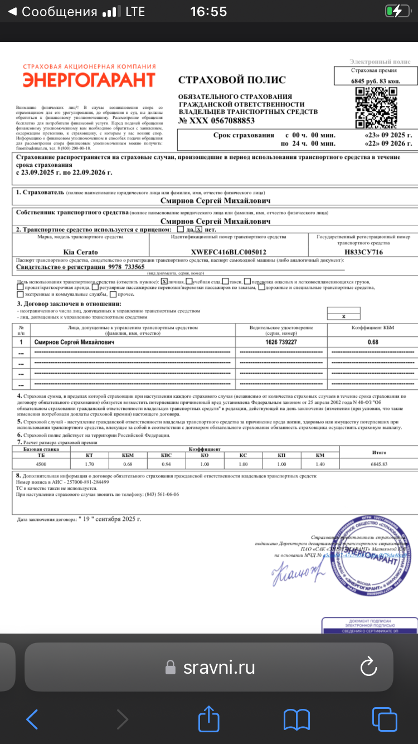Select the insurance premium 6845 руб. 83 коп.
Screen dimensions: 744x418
(x=375, y=81)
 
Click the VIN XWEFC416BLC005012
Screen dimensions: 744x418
(x=229, y=252)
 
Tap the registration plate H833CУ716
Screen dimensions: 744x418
(x=363, y=252)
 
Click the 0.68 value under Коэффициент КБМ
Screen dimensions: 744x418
(x=373, y=342)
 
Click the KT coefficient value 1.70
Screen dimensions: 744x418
(x=89, y=464)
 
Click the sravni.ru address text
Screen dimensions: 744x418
(x=219, y=667)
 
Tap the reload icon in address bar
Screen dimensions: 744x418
(x=368, y=666)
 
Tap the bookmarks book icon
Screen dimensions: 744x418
(x=297, y=719)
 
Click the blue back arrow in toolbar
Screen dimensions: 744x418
(x=32, y=719)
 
